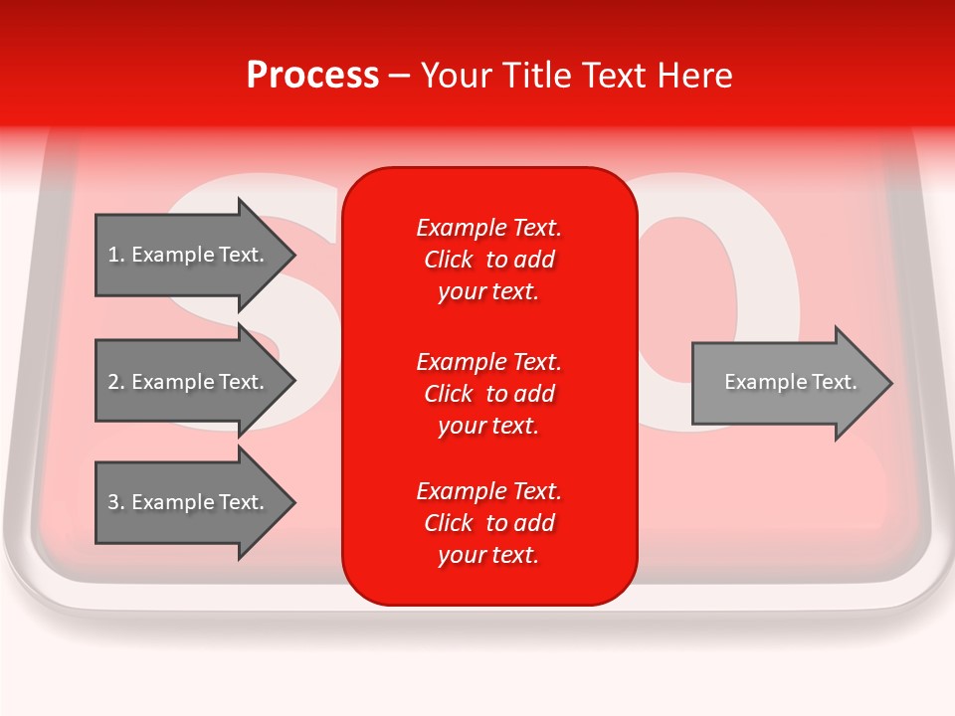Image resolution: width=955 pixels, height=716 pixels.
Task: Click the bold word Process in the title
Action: [x=312, y=76]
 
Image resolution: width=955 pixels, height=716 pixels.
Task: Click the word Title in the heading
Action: [x=537, y=76]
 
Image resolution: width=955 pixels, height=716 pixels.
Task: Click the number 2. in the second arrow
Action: [x=116, y=382]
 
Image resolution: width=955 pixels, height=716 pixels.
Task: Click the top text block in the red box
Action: [x=488, y=260]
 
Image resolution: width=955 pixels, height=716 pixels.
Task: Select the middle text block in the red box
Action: [x=488, y=394]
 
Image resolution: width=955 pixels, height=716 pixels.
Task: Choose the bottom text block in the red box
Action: [x=488, y=523]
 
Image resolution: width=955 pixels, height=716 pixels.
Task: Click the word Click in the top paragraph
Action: [x=449, y=261]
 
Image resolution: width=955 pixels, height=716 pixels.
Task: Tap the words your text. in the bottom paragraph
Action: [x=488, y=556]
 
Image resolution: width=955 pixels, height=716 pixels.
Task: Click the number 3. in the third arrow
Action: [x=116, y=502]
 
